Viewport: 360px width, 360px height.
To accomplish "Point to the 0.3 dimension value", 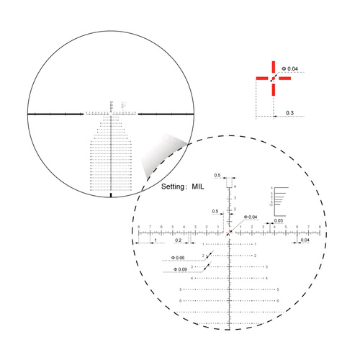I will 289,113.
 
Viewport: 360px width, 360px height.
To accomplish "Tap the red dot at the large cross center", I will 273,79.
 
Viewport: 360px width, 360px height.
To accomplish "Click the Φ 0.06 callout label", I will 178,258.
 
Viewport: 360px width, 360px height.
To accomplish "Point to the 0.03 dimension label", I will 279,221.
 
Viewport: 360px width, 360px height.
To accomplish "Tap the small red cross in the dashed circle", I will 230,233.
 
